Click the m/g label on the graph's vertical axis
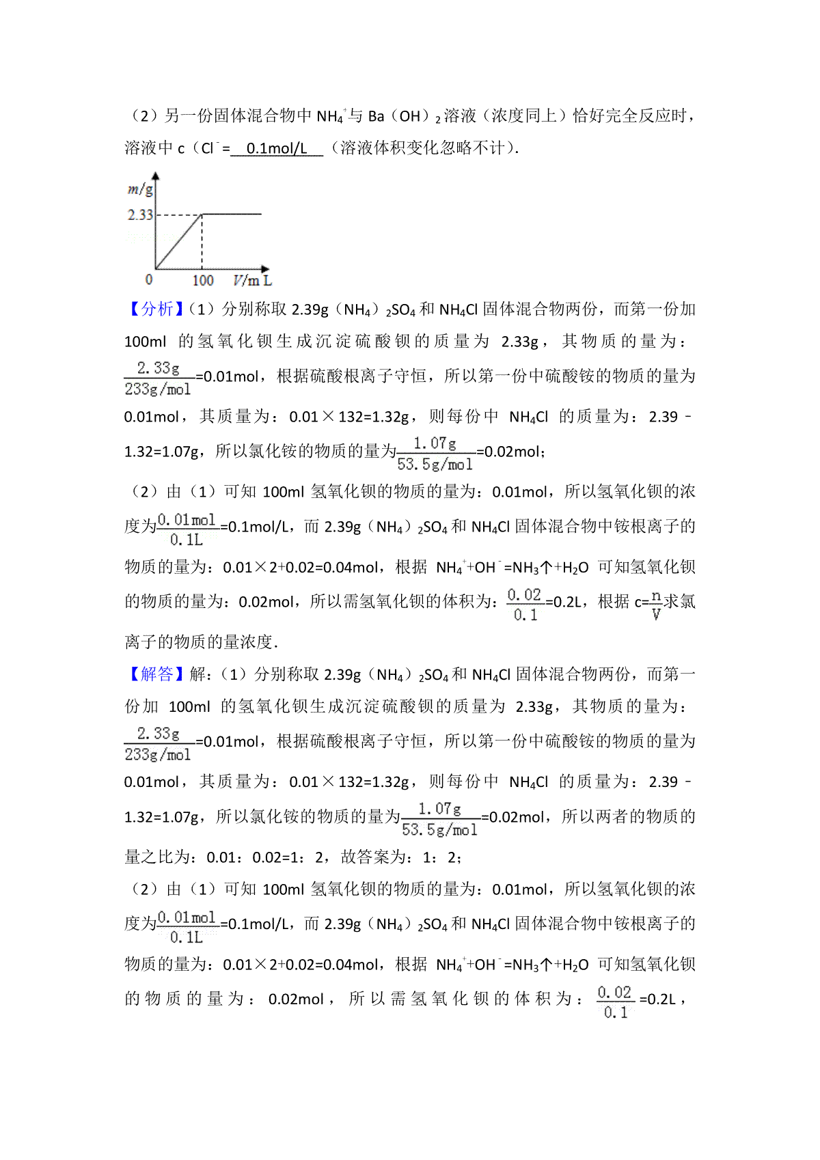(x=140, y=189)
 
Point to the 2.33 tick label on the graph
(x=140, y=215)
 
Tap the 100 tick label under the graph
(x=202, y=280)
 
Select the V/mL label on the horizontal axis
(x=252, y=280)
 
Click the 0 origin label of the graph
(x=149, y=279)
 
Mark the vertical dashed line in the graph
(x=202, y=243)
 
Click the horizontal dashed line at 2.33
(x=179, y=215)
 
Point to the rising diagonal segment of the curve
(x=178, y=242)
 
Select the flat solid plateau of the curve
(x=232, y=214)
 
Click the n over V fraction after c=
(x=656, y=605)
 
